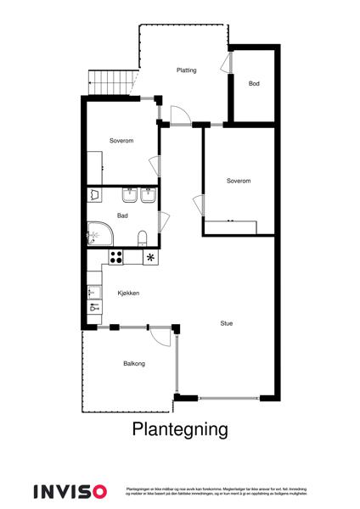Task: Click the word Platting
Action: pos(186,70)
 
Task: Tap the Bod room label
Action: pos(253,84)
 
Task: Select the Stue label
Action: pos(227,322)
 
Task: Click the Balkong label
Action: pos(134,363)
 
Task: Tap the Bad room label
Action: pos(122,215)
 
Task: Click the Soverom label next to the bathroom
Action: pos(122,140)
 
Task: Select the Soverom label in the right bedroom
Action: pos(239,181)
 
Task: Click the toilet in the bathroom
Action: pos(143,236)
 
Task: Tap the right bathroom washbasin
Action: pos(149,196)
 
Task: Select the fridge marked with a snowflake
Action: pos(151,257)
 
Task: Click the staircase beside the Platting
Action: pos(111,81)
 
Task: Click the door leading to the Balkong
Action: pos(158,336)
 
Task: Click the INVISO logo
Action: pos(70,491)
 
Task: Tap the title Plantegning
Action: pos(180,429)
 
